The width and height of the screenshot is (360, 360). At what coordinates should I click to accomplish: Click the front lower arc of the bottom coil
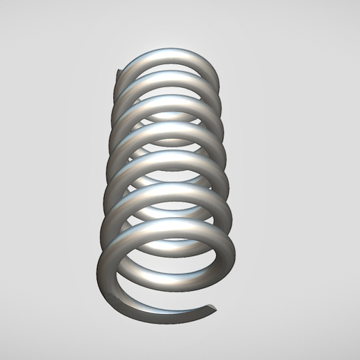pos(153,311)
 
